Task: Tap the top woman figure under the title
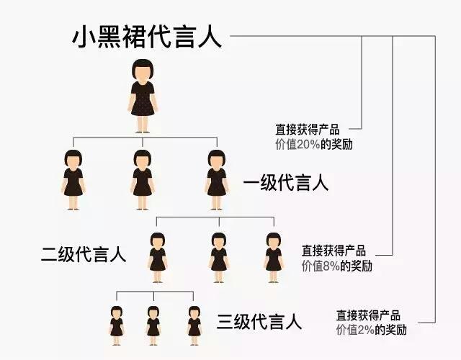[143, 97]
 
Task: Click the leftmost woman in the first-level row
[73, 180]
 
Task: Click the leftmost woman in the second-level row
[158, 252]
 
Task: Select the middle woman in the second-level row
[219, 252]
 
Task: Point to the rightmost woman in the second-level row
[273, 252]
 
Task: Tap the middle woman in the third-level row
[153, 321]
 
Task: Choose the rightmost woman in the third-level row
[194, 321]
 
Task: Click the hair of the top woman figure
[143, 71]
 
